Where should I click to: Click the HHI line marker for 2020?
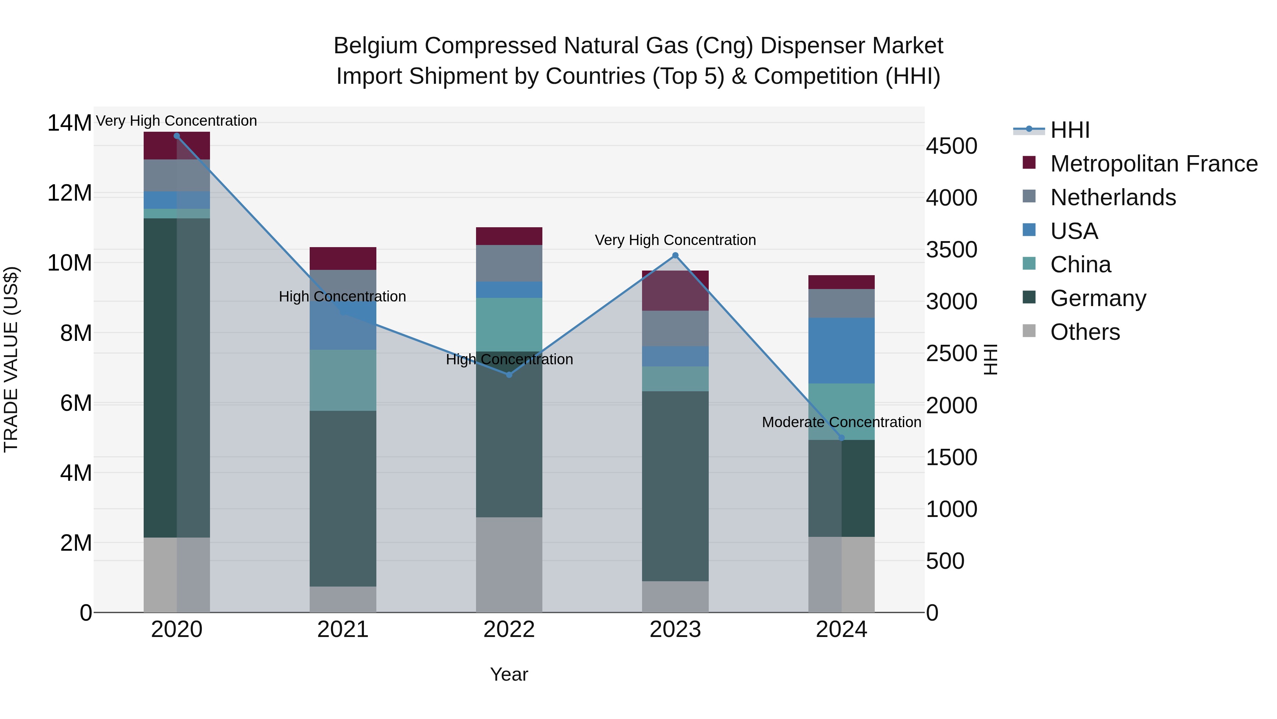coord(177,136)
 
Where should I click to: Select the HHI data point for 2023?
coord(675,256)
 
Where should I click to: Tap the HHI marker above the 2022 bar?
coord(509,375)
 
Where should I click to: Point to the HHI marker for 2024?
coord(841,438)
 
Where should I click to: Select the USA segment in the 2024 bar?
coord(841,350)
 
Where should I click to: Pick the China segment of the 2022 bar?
coord(509,325)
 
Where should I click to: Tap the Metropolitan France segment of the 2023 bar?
coord(675,291)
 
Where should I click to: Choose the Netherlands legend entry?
coord(1112,197)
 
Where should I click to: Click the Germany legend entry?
coord(1098,298)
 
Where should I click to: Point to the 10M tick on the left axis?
coord(70,263)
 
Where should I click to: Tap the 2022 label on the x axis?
coord(509,630)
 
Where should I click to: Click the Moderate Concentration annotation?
coord(841,422)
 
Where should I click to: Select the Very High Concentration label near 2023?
coord(675,240)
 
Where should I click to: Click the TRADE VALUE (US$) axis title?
coord(11,359)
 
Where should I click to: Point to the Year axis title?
coord(509,674)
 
